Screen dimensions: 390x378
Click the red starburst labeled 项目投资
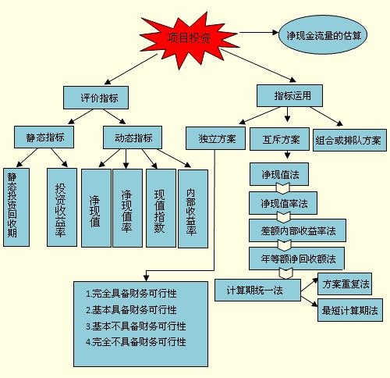pos(189,39)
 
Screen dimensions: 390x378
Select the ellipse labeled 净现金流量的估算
pos(323,34)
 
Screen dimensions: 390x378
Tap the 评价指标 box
pos(96,98)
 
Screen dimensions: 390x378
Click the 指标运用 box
pos(289,95)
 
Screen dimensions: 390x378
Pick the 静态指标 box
pos(44,137)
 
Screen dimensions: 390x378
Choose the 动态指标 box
pos(133,137)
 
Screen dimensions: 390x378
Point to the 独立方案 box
pos(215,138)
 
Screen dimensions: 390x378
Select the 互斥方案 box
pos(279,139)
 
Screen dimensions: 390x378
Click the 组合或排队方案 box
pos(349,140)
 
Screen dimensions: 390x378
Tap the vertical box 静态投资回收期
pos(16,207)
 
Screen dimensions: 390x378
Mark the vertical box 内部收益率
pos(193,209)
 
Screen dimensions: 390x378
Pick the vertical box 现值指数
pos(161,208)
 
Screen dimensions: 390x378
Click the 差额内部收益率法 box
pos(297,230)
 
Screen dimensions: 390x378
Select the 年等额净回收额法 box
pos(296,259)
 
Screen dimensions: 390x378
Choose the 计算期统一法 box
pos(257,290)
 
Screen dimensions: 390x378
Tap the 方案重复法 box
pos(345,283)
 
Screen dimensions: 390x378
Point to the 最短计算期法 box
pos(350,310)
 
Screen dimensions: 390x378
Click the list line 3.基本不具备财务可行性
pos(136,326)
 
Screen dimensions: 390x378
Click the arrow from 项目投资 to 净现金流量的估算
pos(259,32)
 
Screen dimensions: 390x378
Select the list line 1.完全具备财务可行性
pos(131,294)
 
